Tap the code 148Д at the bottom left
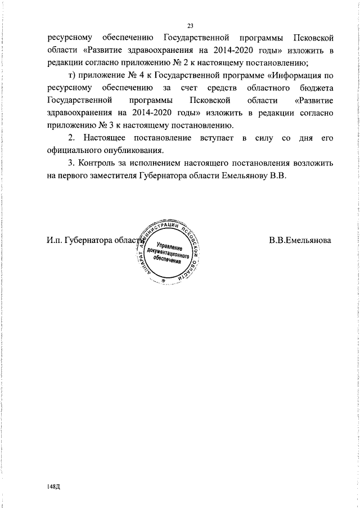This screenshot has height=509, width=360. pyautogui.click(x=55, y=485)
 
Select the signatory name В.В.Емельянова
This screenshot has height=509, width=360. pyautogui.click(x=300, y=241)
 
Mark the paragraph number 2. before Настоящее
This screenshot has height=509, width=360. pyautogui.click(x=71, y=137)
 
